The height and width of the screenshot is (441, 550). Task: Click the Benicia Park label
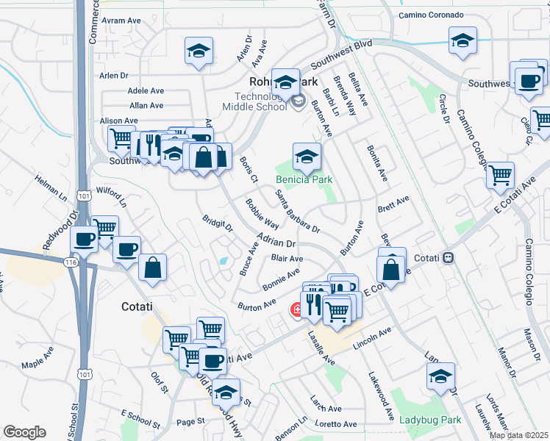pos(304,179)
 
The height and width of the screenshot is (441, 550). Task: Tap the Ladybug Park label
pos(429,420)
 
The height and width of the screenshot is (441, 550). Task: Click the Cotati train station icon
pos(448,258)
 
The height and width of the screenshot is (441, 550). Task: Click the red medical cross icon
pos(298,310)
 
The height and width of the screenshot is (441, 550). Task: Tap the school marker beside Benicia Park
pos(307,155)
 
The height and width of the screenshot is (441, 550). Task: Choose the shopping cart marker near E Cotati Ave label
pos(500,174)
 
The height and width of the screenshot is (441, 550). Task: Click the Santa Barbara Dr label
pos(296,211)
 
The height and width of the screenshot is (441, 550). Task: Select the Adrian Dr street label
pos(276,239)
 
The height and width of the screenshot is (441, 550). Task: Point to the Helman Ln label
pos(49,187)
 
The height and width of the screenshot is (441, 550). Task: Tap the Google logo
pos(24,432)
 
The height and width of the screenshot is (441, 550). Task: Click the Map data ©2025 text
pos(518,435)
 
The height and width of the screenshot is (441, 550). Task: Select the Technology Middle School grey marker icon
pos(298,101)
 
